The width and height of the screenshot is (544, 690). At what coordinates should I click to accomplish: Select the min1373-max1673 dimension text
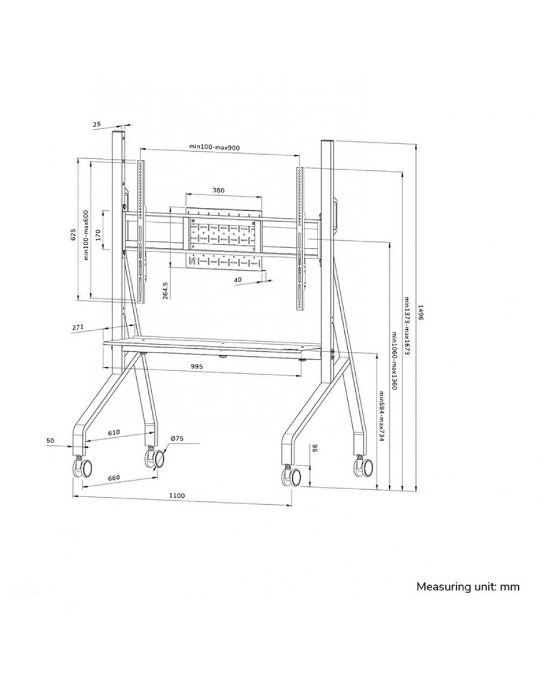(407, 327)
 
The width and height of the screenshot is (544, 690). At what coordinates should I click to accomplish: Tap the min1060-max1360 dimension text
(394, 361)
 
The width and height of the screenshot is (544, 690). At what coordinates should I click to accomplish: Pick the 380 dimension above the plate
(219, 191)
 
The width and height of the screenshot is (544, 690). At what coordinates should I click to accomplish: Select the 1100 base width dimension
(176, 495)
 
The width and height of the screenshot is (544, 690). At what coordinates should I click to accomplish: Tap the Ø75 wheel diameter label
(176, 439)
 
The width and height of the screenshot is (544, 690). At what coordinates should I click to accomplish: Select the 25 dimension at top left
(97, 124)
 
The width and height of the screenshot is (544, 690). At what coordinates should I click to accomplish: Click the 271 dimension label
(76, 327)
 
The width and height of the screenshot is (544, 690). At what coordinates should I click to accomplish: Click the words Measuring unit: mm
(467, 587)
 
